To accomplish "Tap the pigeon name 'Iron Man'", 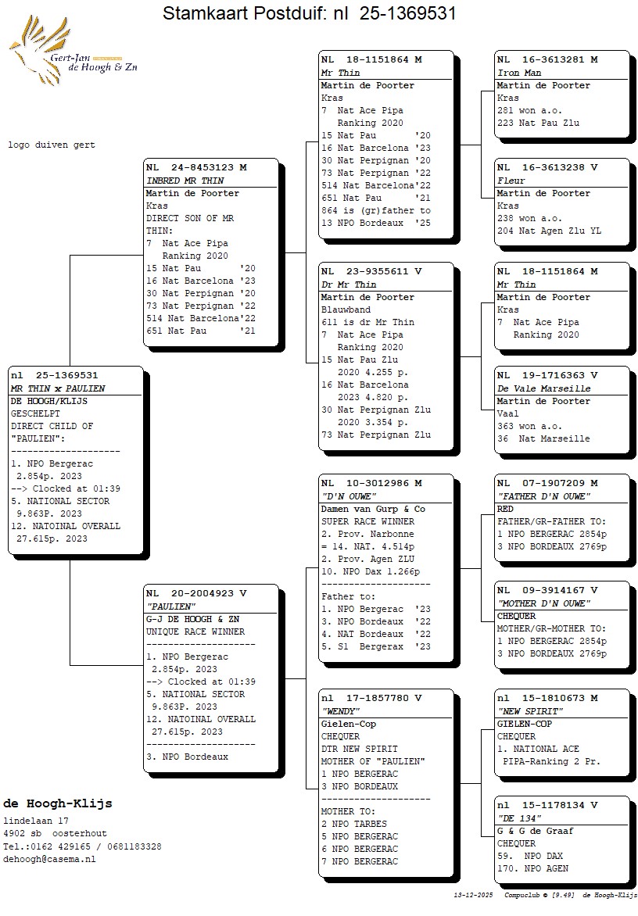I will click(519, 73).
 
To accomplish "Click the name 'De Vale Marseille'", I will click(543, 388).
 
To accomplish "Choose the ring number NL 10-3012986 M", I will click(371, 483).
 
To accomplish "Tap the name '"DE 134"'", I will click(519, 818).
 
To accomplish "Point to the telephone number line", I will click(82, 846).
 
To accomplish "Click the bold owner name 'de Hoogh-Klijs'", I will click(58, 803).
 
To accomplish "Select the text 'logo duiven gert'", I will click(52, 145).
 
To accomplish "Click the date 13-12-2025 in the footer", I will click(474, 895).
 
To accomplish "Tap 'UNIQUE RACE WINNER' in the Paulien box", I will click(195, 632).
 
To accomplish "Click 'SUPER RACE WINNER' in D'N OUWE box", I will click(367, 521).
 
